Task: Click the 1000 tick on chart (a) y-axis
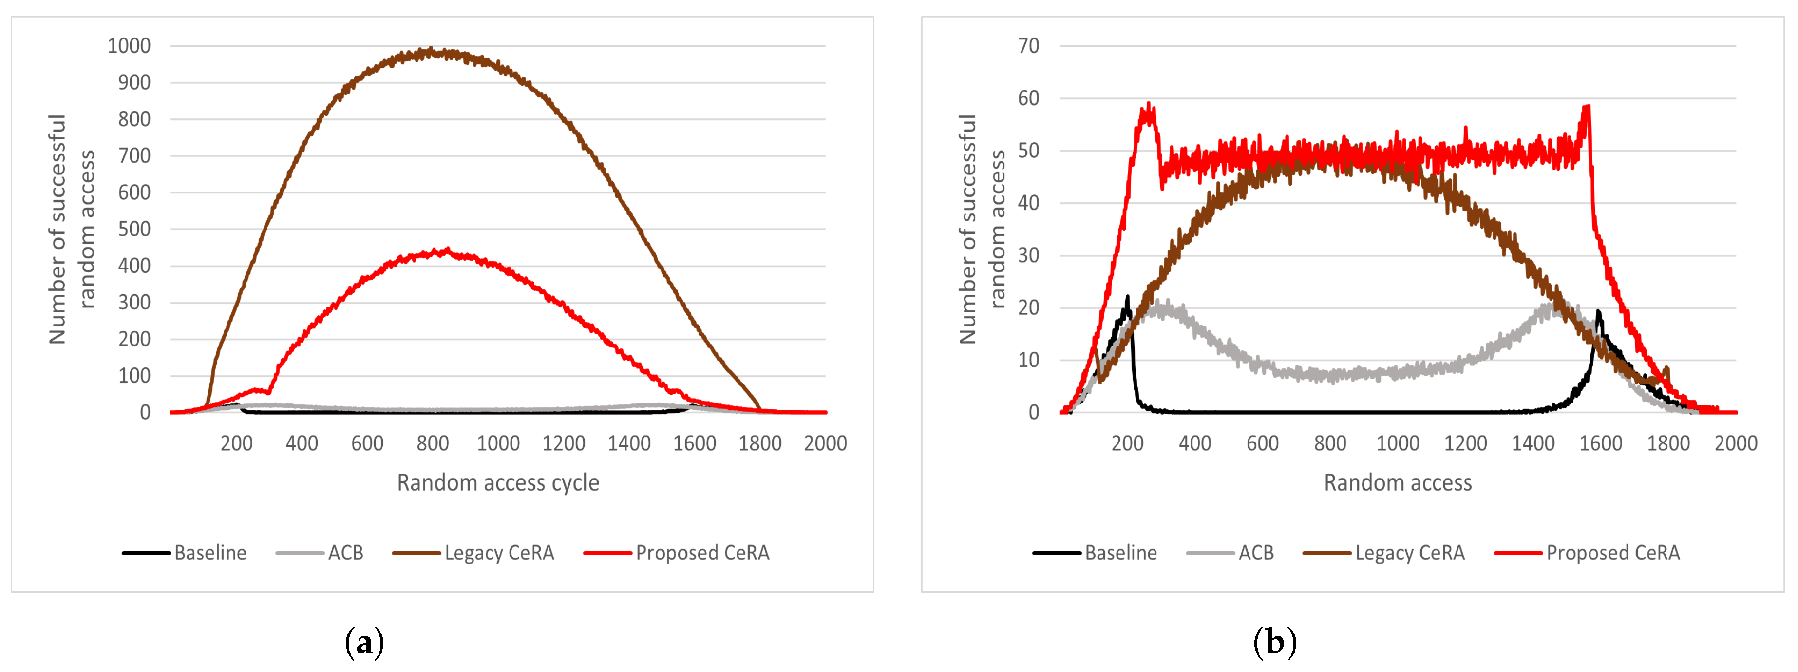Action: click(x=129, y=46)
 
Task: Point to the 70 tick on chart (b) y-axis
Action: click(x=1028, y=46)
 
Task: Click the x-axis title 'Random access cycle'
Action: click(x=498, y=483)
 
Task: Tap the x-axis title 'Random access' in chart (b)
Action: click(x=1398, y=483)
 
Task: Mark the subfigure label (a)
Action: click(x=364, y=641)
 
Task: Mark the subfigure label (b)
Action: click(x=1274, y=641)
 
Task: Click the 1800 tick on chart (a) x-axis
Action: click(x=760, y=443)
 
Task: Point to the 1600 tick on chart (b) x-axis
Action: click(x=1601, y=443)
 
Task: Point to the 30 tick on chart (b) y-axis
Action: click(x=1028, y=256)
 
